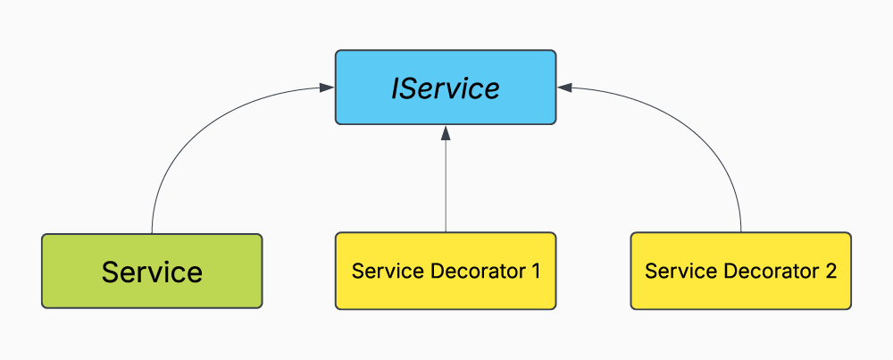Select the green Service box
pos(152,271)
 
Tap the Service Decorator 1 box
pos(446,271)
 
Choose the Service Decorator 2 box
pos(740,271)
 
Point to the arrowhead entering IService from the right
pos(564,88)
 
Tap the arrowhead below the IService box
pos(446,133)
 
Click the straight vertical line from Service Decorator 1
pos(446,188)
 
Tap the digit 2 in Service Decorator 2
pos(830,271)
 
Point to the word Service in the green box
pos(152,271)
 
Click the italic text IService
pos(446,88)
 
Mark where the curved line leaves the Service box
pos(153,232)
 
